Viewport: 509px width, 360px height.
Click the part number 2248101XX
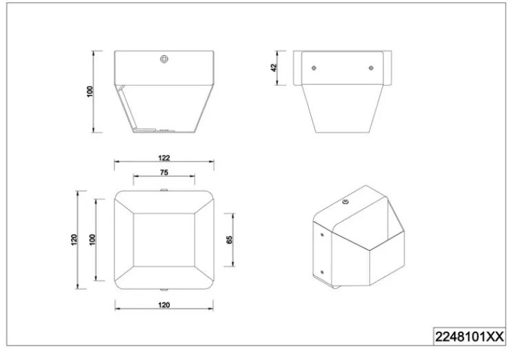coord(470,337)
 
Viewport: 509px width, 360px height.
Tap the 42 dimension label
coord(274,68)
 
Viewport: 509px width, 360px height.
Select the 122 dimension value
coord(164,158)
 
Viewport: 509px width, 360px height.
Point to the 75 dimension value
coord(164,172)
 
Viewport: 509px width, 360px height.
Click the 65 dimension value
coord(229,240)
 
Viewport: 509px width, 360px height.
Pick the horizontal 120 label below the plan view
coord(164,305)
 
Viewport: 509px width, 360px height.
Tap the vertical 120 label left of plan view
coord(74,239)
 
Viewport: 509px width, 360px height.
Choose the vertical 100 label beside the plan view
coord(92,239)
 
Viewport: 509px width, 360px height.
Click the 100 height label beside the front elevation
coord(90,91)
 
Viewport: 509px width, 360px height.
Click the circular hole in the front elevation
coord(164,59)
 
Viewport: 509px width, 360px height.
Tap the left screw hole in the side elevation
coord(314,68)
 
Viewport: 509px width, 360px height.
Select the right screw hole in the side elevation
coord(371,68)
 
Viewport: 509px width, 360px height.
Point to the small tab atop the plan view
coord(164,190)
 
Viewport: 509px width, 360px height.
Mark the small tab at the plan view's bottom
coord(164,290)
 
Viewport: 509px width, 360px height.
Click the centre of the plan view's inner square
coord(164,240)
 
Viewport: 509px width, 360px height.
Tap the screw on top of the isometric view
coord(346,202)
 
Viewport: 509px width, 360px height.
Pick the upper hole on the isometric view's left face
coord(322,234)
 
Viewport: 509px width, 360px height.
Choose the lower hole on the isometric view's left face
coord(322,272)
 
